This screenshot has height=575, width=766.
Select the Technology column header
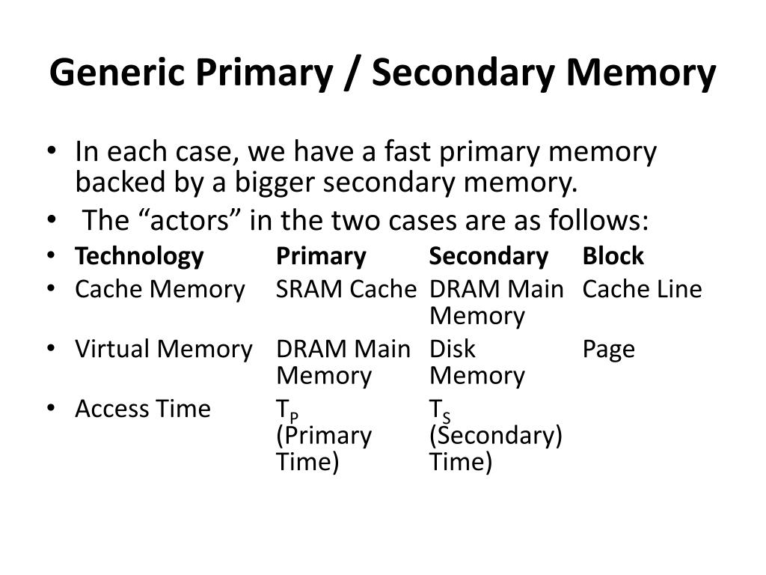(x=139, y=257)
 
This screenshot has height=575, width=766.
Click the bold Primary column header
(x=321, y=257)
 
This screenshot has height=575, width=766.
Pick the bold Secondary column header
(x=488, y=257)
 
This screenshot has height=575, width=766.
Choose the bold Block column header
(x=613, y=257)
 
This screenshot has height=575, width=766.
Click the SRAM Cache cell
(x=346, y=289)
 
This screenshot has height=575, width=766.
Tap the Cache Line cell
(x=642, y=289)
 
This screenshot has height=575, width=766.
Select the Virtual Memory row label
(x=164, y=349)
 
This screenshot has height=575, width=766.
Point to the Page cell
(x=608, y=350)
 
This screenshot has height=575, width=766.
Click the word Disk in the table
(x=452, y=349)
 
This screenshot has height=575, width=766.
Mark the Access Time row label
(x=143, y=409)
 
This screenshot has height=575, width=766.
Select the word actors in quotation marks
(x=169, y=221)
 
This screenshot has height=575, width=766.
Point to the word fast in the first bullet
(x=409, y=153)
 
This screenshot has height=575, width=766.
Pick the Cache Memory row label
(x=160, y=289)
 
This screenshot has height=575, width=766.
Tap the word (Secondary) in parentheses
(x=495, y=435)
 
